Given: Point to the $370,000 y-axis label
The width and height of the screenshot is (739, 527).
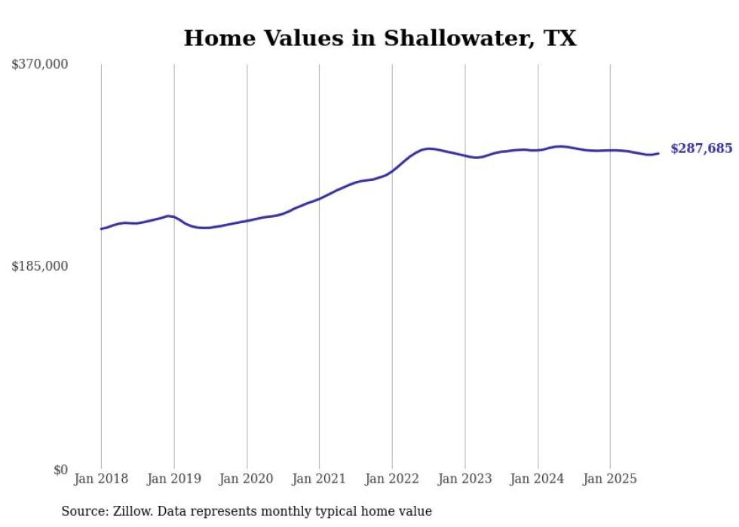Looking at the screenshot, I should (x=40, y=65).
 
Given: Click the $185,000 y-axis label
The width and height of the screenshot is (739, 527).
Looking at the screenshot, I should (x=40, y=266).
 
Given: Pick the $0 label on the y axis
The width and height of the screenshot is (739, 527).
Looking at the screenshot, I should (x=60, y=470).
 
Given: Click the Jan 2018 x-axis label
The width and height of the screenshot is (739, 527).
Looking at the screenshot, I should (x=101, y=479).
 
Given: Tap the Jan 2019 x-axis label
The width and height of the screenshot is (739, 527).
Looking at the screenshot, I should (x=174, y=479).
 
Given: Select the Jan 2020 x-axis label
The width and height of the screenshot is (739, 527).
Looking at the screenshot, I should (x=247, y=479).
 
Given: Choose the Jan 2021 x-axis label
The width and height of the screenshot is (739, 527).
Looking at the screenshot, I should (x=319, y=479).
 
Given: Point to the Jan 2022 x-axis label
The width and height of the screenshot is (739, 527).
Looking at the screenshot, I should (x=392, y=479).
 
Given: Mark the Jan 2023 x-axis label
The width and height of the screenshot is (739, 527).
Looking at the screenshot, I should (x=465, y=479).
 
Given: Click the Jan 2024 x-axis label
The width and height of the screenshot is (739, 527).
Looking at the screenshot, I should (x=538, y=479).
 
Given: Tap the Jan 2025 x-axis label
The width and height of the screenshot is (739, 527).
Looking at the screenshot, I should (x=610, y=479).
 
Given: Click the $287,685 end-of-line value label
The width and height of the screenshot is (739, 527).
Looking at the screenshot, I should (x=701, y=149).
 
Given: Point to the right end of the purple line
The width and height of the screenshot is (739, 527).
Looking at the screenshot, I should (x=658, y=154).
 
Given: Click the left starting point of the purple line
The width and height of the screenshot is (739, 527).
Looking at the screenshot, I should (x=101, y=228).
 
